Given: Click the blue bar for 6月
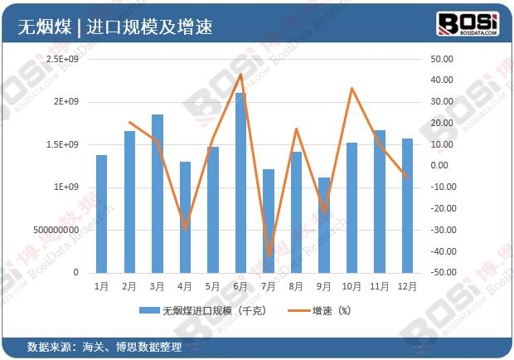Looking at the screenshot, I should tap(240, 182).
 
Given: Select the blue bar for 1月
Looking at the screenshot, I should tap(101, 214).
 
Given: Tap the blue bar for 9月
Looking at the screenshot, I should tap(324, 225).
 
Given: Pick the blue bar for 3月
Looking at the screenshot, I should tap(157, 193).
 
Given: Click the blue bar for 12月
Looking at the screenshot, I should tap(407, 206).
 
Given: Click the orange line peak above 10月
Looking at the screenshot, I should tap(352, 88).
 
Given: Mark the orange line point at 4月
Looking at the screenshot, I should tap(185, 228).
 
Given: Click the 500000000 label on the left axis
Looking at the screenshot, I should tap(55, 230).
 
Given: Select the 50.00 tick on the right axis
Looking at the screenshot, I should tap(442, 60).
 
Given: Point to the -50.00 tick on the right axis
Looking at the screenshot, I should tap(440, 273).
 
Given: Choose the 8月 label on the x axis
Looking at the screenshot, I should tap(296, 286).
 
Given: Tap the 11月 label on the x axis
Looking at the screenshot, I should tap(379, 286).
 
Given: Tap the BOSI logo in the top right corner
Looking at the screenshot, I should tap(467, 25).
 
